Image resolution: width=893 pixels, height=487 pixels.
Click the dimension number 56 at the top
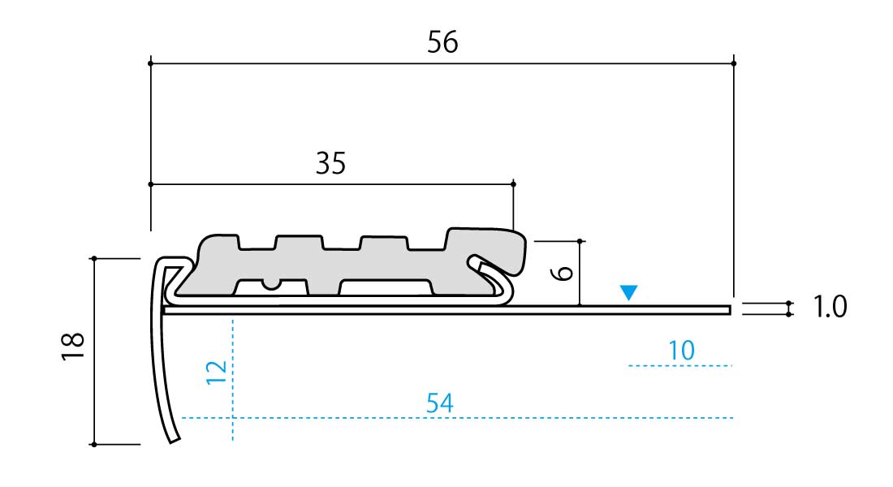(x=442, y=42)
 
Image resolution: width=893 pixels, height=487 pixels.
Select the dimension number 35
(x=331, y=163)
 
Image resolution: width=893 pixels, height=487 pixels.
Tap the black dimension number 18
(x=73, y=347)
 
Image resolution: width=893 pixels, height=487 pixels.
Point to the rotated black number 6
(x=562, y=273)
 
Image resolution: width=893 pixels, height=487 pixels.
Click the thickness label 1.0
(x=830, y=307)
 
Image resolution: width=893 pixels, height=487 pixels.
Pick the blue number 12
(x=217, y=373)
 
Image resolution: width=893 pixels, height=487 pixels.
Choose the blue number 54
(x=440, y=403)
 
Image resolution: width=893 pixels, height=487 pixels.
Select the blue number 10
(x=681, y=351)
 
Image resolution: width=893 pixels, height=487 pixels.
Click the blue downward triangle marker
(x=628, y=292)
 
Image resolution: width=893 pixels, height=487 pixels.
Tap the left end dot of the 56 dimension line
(x=151, y=63)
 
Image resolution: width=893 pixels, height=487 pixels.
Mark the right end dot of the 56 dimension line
(x=734, y=63)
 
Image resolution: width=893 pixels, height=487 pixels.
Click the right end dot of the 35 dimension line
(x=513, y=184)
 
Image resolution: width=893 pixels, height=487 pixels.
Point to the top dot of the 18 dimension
(x=94, y=259)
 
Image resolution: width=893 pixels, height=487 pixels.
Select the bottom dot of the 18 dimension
(x=94, y=444)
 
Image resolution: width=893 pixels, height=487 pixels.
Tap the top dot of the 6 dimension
(x=580, y=242)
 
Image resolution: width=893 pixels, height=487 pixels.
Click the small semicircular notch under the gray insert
(x=272, y=284)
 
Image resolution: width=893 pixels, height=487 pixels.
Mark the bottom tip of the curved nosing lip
(x=175, y=440)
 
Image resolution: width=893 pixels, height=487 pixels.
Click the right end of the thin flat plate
(x=730, y=310)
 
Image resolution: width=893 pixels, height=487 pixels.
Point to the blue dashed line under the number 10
(x=680, y=366)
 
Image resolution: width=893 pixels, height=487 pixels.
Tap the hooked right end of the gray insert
(x=516, y=251)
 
